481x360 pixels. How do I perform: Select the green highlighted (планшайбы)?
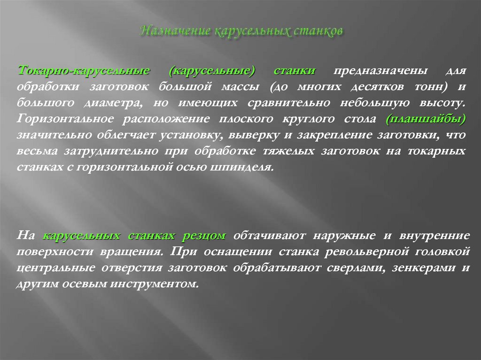point(426,119)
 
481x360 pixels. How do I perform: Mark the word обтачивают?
point(270,236)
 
